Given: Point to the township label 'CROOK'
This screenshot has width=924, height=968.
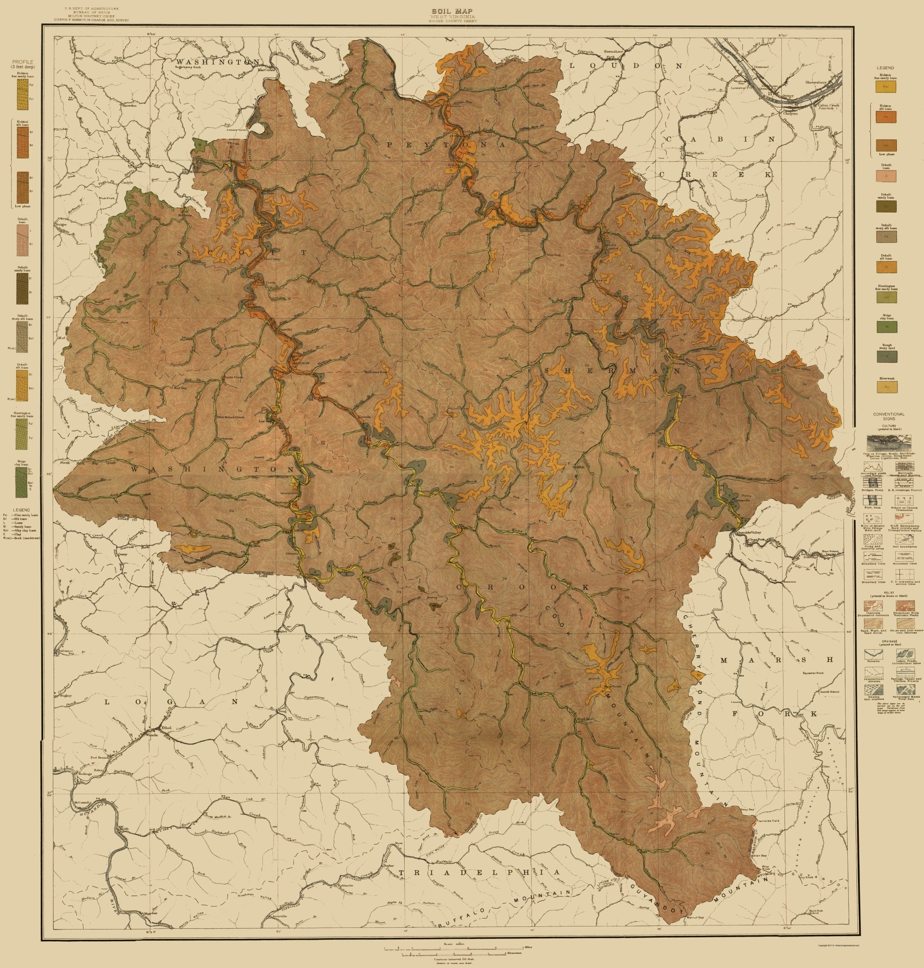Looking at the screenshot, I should point(522,587).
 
